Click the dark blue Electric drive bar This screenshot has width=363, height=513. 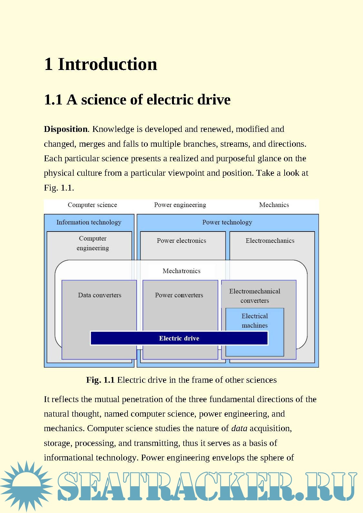(179, 338)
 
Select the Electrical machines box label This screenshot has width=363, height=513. (255, 321)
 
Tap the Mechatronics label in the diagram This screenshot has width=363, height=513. (181, 271)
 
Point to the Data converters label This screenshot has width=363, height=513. (100, 295)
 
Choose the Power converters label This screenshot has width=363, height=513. (179, 295)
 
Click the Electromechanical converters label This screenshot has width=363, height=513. (255, 296)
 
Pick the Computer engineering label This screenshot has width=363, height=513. (93, 243)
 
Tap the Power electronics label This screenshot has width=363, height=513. (181, 241)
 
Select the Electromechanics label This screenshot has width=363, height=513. (270, 241)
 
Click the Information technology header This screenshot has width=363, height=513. (89, 222)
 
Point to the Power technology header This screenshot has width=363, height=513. (227, 222)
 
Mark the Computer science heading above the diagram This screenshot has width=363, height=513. (92, 205)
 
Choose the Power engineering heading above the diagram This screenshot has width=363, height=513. (180, 205)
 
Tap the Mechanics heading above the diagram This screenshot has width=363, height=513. (274, 205)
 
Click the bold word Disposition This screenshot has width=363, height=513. (66, 129)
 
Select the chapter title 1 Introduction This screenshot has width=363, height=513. (101, 64)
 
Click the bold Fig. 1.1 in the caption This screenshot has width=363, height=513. (100, 380)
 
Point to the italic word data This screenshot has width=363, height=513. (239, 428)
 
